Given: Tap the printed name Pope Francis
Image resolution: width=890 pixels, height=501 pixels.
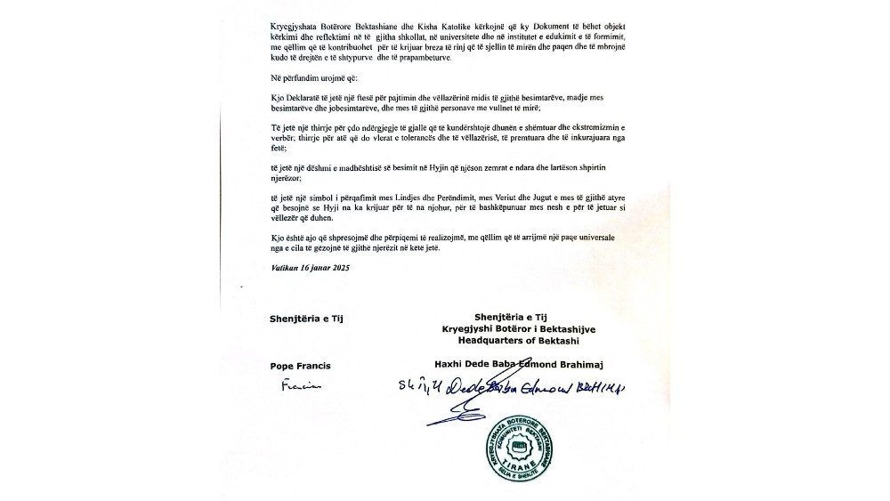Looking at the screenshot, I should point(300,365).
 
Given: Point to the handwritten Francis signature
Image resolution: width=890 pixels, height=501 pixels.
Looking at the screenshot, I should point(300,386).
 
